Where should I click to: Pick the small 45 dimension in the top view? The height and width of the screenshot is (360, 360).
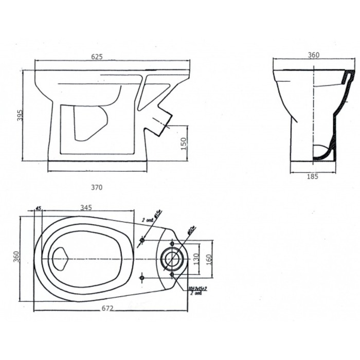(38, 208)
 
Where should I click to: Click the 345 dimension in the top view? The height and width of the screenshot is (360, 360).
(86, 208)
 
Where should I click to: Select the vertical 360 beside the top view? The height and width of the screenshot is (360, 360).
(17, 256)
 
